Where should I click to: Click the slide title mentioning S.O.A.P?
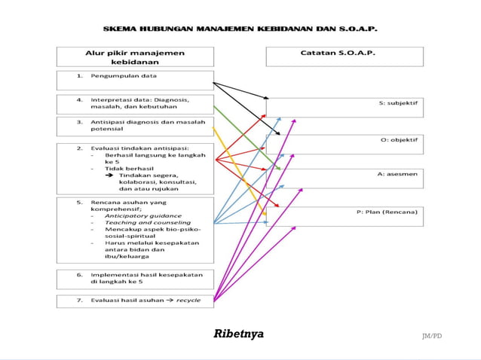click(240, 29)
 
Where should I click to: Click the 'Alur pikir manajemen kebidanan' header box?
click(135, 57)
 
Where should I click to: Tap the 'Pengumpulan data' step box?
click(135, 78)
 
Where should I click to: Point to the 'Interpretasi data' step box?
click(135, 103)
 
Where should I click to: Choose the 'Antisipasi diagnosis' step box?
click(135, 126)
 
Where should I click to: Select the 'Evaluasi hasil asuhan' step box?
click(135, 300)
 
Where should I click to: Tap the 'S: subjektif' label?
click(398, 102)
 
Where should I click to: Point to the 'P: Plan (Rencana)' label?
click(387, 212)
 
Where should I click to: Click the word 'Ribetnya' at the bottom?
click(239, 334)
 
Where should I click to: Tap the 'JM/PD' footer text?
click(431, 335)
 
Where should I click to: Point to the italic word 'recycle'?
click(188, 300)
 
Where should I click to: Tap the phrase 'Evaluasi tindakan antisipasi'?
click(139, 148)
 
